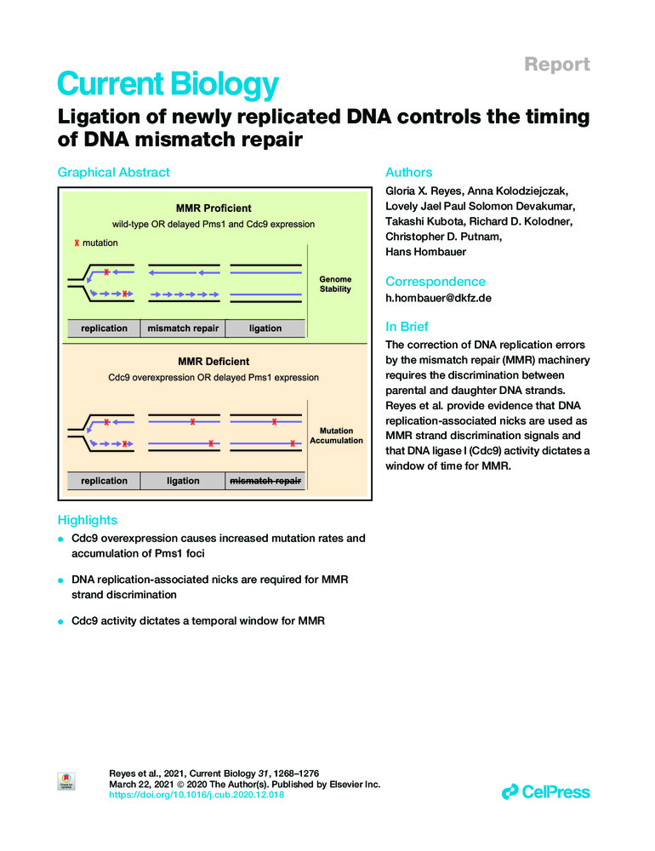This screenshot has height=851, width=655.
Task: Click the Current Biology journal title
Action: tap(168, 84)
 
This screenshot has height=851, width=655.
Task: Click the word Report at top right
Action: tap(557, 65)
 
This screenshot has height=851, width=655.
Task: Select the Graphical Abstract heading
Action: tap(113, 173)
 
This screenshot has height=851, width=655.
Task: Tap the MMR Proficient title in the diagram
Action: tap(213, 208)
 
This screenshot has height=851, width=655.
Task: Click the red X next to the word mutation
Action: tap(77, 243)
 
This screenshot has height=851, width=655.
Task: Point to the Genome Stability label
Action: tap(335, 284)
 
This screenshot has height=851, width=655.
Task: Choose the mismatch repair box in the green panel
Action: tap(183, 328)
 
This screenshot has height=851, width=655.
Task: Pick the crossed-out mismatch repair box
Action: tap(265, 481)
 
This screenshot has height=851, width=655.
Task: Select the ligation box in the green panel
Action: tap(265, 328)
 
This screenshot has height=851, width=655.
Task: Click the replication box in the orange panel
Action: tap(104, 481)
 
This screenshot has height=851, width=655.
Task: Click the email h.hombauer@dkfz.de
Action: tap(438, 299)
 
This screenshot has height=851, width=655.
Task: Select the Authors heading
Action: tap(410, 173)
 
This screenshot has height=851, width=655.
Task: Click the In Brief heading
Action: tap(407, 327)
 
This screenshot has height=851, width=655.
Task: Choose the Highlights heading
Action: tap(87, 520)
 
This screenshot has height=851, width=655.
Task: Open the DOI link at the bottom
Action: tap(197, 795)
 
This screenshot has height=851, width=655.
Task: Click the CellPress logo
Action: tap(545, 792)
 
